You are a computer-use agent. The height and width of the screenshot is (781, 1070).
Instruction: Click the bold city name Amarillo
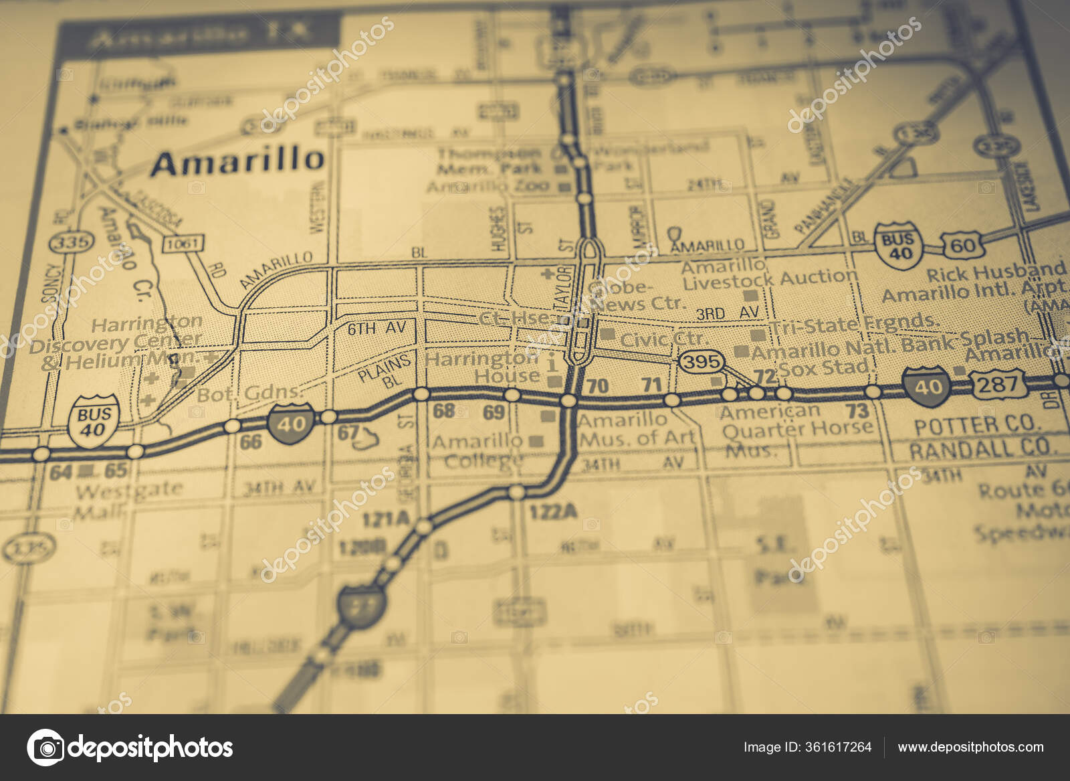point(237,161)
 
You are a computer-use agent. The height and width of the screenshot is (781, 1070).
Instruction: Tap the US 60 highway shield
point(962,245)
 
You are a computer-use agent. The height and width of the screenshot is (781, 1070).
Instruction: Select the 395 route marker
point(702,362)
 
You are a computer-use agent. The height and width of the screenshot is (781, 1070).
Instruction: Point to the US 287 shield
point(999,384)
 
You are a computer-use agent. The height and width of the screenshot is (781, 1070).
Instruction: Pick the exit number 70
point(597,385)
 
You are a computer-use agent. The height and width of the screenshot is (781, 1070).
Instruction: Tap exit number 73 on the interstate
point(857,410)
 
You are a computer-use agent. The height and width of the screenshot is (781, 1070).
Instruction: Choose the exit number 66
point(250,442)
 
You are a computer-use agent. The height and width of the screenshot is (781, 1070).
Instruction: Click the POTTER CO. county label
point(976,425)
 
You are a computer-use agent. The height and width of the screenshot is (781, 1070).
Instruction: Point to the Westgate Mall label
point(127,499)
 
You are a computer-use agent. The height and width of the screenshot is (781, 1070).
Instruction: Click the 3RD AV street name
point(728,313)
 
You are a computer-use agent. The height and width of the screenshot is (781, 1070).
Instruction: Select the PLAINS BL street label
point(384,369)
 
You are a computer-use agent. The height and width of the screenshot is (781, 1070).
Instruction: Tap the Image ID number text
point(807,747)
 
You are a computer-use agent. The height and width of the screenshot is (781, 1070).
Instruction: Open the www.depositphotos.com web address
point(970,747)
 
